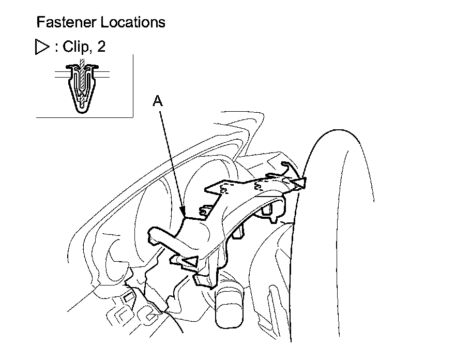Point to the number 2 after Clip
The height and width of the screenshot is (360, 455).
point(101,47)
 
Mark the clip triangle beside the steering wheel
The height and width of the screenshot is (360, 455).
point(298,182)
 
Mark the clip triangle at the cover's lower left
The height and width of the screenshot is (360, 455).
point(190,262)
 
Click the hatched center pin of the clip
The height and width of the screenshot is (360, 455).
point(82,78)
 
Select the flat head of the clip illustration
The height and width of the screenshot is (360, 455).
point(81,66)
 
